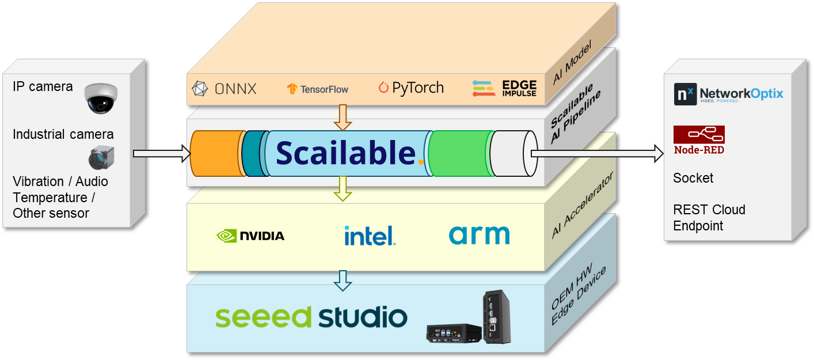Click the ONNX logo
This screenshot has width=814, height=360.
[x=224, y=88]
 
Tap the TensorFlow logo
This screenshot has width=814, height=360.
[x=318, y=89]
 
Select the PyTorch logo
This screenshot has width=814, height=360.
[x=411, y=88]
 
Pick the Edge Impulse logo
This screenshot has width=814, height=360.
[x=505, y=88]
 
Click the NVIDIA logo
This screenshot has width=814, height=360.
[x=250, y=236]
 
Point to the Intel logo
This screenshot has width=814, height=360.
[x=370, y=236]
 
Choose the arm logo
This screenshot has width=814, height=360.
[x=479, y=235]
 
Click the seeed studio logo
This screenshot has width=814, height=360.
[x=311, y=317]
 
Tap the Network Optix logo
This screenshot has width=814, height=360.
[x=728, y=93]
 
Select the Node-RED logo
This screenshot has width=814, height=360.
[x=699, y=140]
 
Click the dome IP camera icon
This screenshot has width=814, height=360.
[x=101, y=97]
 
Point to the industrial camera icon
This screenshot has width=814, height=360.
[x=102, y=157]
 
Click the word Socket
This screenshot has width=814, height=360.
[x=693, y=178]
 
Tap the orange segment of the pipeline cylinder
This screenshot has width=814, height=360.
[x=216, y=153]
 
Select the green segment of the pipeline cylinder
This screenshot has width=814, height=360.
[x=459, y=153]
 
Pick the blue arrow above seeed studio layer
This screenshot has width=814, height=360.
[x=343, y=280]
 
